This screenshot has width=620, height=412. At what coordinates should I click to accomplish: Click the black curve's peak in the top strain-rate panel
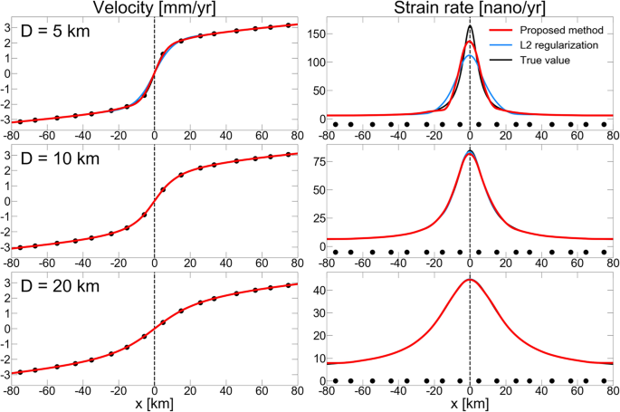(x=469, y=26)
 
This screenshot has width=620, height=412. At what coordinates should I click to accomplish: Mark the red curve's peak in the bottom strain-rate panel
(x=469, y=279)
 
